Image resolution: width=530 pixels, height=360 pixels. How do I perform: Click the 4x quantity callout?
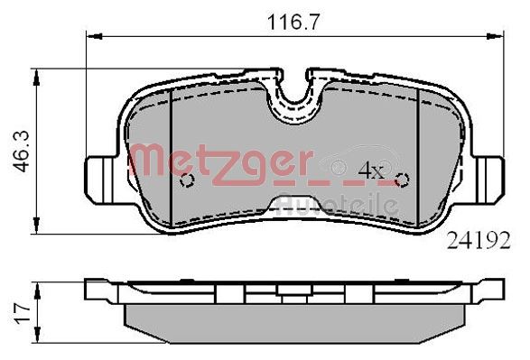[x=370, y=170]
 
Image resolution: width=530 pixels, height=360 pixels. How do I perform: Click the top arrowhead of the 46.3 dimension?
[x=37, y=76]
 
